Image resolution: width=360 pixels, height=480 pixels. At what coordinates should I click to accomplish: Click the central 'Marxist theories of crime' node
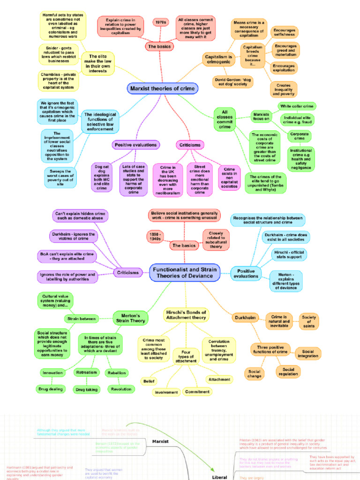point(162,89)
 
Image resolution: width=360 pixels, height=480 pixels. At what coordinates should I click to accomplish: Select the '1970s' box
point(160,22)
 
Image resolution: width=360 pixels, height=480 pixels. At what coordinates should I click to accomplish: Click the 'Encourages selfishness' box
point(285,32)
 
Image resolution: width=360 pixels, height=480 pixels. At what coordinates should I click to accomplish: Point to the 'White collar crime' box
point(296,106)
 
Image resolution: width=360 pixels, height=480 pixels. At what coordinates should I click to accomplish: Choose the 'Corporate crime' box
point(300,136)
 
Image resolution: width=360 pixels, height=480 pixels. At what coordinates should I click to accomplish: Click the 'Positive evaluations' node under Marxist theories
point(135,145)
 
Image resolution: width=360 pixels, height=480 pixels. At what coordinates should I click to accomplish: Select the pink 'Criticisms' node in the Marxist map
point(189,145)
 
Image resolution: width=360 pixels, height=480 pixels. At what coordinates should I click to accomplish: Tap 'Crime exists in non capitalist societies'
point(229,178)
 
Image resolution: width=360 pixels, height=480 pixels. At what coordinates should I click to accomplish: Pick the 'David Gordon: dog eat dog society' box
point(233,82)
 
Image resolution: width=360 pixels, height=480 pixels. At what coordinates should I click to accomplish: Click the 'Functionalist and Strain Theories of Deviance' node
point(185,272)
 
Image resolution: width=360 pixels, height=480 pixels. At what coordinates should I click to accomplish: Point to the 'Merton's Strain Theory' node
point(131,318)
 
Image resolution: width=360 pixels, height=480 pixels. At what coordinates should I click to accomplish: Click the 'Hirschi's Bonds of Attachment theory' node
point(186,315)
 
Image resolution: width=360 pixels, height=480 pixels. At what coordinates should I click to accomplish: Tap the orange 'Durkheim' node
point(245,318)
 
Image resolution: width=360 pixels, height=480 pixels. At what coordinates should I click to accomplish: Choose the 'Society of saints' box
point(309,322)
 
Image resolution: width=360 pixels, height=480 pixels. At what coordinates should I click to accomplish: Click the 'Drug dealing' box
point(50,389)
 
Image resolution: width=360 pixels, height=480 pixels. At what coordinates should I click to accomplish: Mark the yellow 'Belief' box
point(149,382)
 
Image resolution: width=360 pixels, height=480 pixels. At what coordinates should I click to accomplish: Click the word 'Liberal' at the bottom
point(219,477)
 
